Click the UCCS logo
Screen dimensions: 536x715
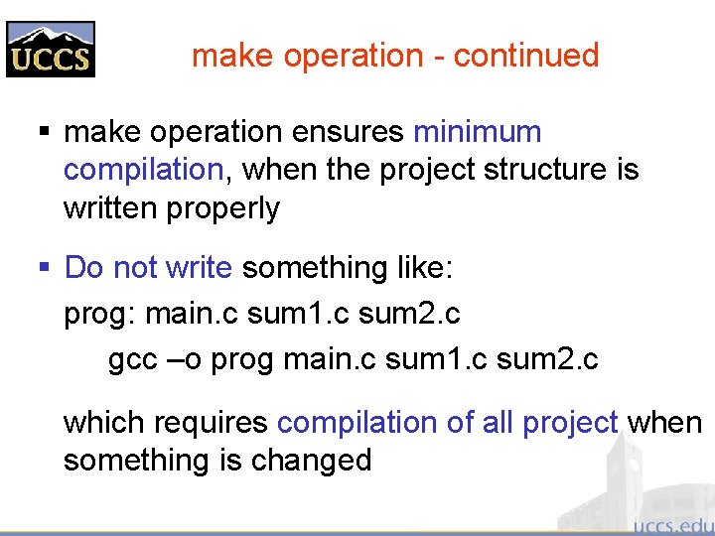click(x=51, y=49)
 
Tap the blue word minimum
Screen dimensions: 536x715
click(x=478, y=132)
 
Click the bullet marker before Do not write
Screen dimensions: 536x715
click(x=45, y=267)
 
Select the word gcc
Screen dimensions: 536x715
click(x=132, y=359)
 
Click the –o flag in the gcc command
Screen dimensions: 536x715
click(x=188, y=359)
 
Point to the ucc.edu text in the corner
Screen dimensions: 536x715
click(x=672, y=523)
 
